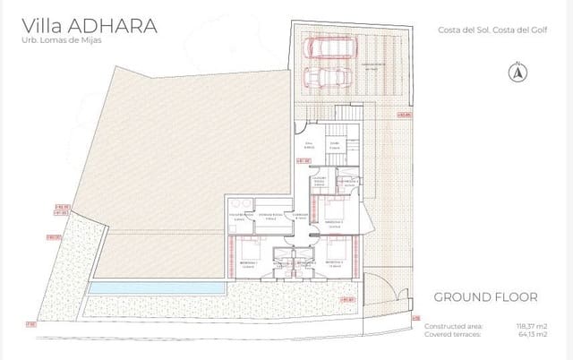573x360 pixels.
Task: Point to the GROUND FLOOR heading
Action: point(484,296)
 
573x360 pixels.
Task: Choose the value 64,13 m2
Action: point(532,334)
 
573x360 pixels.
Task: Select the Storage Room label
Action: point(269,217)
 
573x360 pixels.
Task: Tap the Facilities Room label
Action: point(241,217)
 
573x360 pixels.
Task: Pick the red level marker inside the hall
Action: point(304,161)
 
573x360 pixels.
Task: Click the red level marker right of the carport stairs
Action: point(405,115)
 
